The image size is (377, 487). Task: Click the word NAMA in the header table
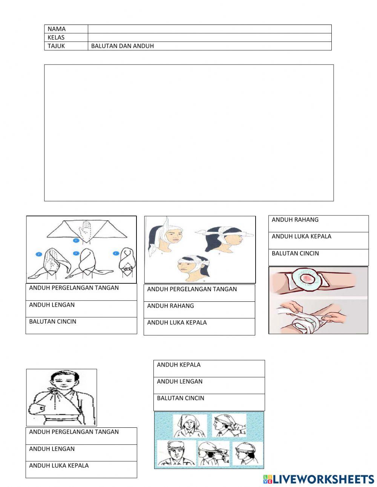click(x=57, y=29)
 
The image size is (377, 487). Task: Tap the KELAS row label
click(x=56, y=37)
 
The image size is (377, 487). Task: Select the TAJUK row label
click(x=56, y=46)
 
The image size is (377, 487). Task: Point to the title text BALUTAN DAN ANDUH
click(x=122, y=46)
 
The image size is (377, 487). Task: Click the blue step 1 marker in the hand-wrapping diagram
click(x=76, y=240)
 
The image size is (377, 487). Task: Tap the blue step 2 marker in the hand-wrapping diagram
click(x=39, y=254)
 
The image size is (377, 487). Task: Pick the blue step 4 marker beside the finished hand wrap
click(x=116, y=253)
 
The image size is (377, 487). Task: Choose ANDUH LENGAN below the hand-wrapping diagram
click(x=52, y=305)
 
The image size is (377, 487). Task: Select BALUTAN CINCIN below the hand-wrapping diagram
click(x=53, y=321)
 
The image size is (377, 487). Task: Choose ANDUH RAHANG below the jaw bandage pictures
click(x=170, y=306)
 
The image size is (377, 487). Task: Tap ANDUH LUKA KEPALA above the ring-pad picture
click(x=301, y=236)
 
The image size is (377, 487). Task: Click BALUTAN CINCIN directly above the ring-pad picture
click(x=295, y=253)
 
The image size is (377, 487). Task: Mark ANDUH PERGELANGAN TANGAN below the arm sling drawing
click(x=74, y=432)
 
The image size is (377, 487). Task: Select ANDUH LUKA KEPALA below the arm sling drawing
click(x=59, y=465)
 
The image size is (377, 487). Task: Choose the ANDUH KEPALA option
click(x=179, y=365)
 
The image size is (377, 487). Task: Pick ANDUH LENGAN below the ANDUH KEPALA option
click(x=179, y=381)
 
